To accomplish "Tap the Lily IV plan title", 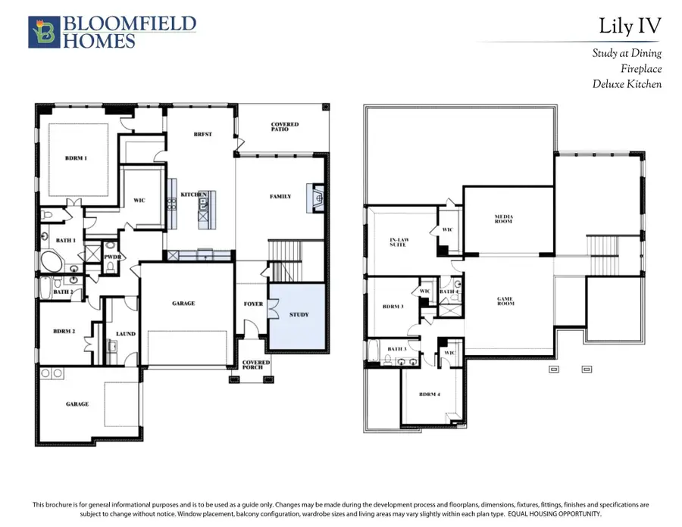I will tap(630, 26).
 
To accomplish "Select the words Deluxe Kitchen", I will tap(627, 84).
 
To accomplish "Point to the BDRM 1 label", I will tap(75, 158).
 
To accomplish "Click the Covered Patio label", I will tap(285, 127).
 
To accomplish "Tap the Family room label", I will tap(280, 197).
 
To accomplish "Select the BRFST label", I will tap(203, 135).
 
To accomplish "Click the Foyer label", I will tap(253, 304).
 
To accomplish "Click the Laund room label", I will tap(126, 334).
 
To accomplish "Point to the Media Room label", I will tap(504, 220).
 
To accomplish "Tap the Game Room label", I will tap(505, 301).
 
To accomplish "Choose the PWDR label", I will tap(113, 257).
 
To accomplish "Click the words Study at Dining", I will tap(627, 53).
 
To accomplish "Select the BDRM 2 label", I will tap(64, 331).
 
